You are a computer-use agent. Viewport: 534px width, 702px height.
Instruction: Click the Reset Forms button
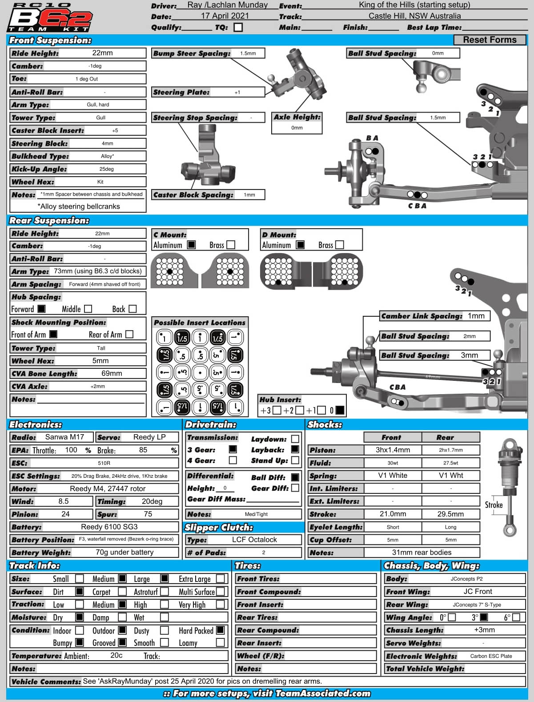490,40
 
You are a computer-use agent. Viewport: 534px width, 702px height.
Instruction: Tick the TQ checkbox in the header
238,27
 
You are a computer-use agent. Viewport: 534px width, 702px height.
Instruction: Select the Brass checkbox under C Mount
231,245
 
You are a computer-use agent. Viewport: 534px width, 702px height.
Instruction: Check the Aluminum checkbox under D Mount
300,245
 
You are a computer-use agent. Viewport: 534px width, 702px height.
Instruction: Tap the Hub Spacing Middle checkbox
88,309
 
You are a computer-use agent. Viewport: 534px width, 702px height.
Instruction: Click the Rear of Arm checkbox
129,334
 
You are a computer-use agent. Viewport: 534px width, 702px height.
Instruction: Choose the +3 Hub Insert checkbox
277,410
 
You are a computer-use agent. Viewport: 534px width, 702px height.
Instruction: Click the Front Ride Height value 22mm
102,53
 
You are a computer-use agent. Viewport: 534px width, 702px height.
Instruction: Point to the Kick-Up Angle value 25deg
107,169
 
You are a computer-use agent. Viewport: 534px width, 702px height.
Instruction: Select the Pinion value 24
65,514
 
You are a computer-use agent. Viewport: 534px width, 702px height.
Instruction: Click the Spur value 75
148,514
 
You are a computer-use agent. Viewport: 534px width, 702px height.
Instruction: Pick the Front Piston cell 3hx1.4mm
393,450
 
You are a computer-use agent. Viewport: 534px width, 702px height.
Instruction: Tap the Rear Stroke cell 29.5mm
450,514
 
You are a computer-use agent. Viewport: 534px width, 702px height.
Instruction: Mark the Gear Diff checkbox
295,488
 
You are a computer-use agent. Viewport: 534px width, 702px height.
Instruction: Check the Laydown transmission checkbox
295,439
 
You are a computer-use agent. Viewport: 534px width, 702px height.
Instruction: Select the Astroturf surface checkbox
165,592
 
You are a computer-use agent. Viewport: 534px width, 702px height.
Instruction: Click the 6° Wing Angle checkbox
516,617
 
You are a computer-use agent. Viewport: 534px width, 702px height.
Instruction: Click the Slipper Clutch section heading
219,528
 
